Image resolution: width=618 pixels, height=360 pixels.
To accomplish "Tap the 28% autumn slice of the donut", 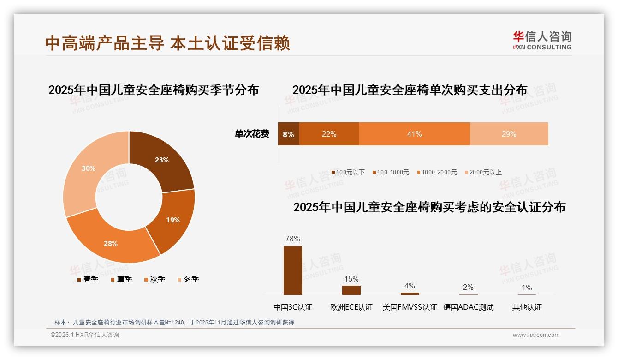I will [113, 242].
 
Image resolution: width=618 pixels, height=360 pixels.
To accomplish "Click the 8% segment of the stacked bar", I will [288, 134].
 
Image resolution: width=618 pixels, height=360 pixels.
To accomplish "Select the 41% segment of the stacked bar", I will [414, 134].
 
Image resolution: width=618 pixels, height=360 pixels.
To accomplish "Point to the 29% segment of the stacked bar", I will [509, 134].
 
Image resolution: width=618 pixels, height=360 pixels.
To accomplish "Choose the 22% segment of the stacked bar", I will [329, 134].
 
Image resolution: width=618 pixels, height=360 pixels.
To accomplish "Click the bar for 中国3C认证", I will [293, 270].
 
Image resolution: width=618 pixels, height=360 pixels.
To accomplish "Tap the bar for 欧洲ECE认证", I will [351, 290].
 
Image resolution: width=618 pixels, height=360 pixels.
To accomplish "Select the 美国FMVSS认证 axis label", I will [410, 307].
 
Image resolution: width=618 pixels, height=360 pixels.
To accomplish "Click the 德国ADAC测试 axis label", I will [468, 307].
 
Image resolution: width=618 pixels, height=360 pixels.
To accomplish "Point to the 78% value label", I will [293, 239].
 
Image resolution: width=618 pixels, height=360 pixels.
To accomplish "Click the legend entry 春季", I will [87, 280].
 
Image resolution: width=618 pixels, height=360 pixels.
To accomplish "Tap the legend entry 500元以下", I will [348, 173].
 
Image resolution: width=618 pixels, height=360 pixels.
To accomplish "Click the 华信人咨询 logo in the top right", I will [542, 40].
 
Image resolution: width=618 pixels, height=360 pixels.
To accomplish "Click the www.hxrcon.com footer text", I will [536, 335].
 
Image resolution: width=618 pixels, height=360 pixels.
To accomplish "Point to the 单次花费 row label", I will [252, 134].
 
